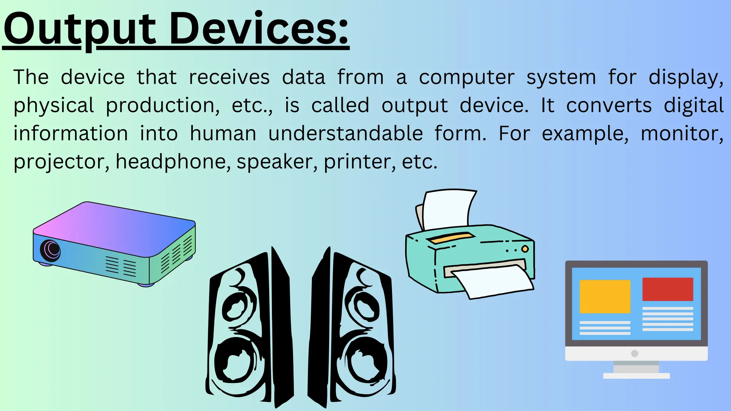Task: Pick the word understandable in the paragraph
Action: click(346, 133)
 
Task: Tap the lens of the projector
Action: click(50, 250)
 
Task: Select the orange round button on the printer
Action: click(525, 249)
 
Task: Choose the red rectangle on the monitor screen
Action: click(667, 289)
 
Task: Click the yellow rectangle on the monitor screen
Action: click(605, 296)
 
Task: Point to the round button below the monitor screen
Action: click(634, 353)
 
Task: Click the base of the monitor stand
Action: click(636, 376)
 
